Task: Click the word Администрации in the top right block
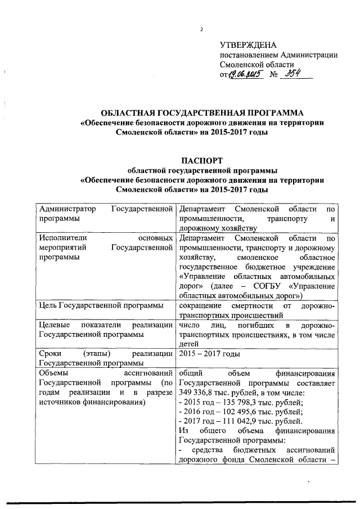click(x=308, y=55)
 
